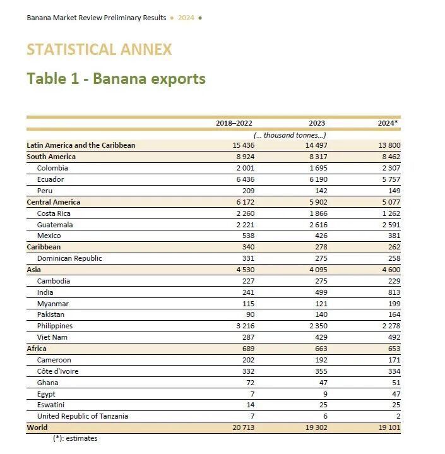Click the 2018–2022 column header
click(234, 123)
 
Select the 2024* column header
click(389, 123)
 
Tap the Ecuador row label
click(50, 179)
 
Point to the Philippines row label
click(55, 326)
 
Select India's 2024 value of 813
click(393, 292)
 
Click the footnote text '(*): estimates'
click(75, 438)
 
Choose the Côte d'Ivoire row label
click(58, 371)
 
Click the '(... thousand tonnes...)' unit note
click(289, 134)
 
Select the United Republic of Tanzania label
click(83, 416)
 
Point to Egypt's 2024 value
click(395, 394)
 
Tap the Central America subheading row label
click(54, 202)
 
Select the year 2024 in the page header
click(186, 18)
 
